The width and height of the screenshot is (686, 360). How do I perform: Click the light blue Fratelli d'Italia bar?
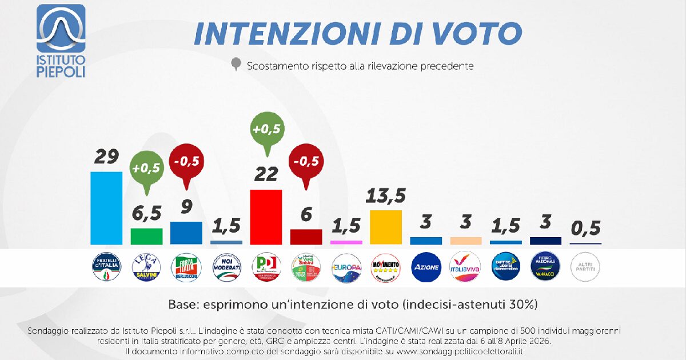pyautogui.click(x=106, y=208)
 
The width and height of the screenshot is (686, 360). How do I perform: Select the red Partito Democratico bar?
pyautogui.click(x=266, y=217)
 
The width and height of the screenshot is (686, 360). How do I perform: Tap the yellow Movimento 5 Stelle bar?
pyautogui.click(x=386, y=227)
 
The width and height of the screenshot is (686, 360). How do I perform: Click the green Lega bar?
pyautogui.click(x=146, y=237)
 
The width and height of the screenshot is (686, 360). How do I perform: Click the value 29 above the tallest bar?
pyautogui.click(x=106, y=157)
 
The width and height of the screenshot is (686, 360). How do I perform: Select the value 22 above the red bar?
pyautogui.click(x=266, y=174)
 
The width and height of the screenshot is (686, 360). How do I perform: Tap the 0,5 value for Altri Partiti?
pyautogui.click(x=586, y=228)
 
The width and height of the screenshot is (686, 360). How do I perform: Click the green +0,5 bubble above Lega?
pyautogui.click(x=146, y=169)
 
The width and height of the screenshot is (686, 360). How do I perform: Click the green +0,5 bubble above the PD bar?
pyautogui.click(x=266, y=130)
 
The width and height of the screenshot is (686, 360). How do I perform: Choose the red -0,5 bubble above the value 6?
pyautogui.click(x=306, y=162)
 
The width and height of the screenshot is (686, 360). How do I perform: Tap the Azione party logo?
pyautogui.click(x=426, y=267)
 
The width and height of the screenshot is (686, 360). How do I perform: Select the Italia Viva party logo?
pyautogui.click(x=466, y=267)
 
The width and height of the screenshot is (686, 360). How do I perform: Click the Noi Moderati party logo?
pyautogui.click(x=226, y=267)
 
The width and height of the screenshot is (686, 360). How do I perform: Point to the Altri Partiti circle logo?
pyautogui.click(x=586, y=267)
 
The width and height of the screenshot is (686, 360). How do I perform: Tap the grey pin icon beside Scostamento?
pyautogui.click(x=235, y=65)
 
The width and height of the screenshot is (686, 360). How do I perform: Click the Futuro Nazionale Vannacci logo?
pyautogui.click(x=546, y=267)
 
